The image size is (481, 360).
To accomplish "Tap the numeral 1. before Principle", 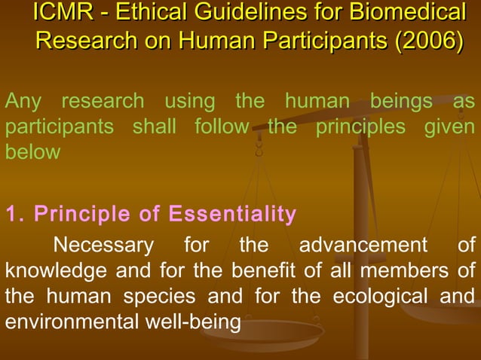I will (14, 215).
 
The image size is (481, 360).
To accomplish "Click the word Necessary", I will (103, 246).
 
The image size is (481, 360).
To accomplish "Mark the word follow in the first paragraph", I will (221, 126).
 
